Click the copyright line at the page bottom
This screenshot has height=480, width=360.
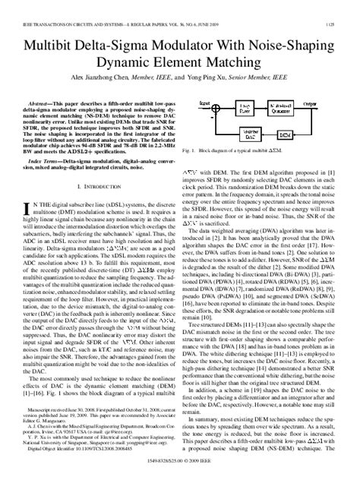click(x=180, y=472)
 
